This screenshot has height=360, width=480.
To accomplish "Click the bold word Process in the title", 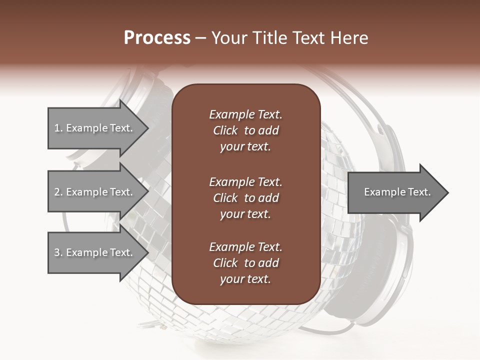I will (157, 38).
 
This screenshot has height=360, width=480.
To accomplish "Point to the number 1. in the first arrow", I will (58, 128).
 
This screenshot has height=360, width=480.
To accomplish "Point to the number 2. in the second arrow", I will (58, 192).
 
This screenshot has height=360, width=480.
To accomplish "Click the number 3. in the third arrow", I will (58, 252).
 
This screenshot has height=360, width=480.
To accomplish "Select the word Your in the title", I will (228, 38).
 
